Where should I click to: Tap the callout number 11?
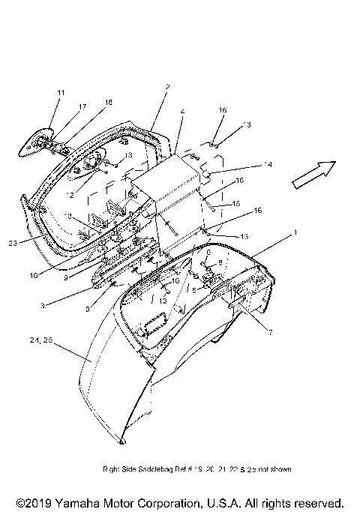[61, 92]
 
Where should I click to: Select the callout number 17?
[82, 106]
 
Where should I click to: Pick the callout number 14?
[247, 165]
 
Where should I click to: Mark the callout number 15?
[236, 203]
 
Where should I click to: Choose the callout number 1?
[295, 233]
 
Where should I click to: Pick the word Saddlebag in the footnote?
[158, 469]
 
